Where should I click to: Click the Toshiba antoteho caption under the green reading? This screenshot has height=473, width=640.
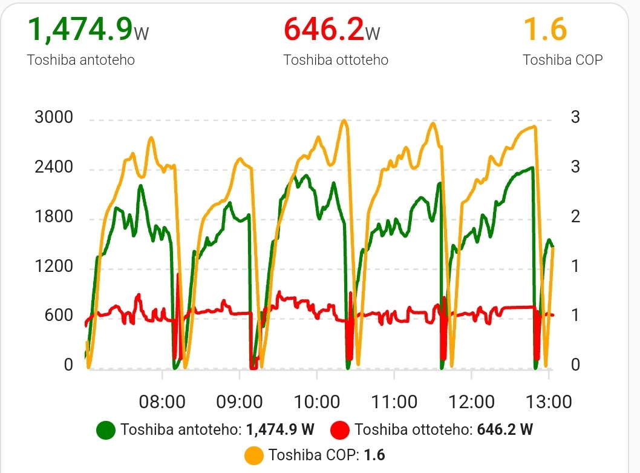point(81,60)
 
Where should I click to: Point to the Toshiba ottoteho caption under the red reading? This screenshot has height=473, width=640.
point(336,60)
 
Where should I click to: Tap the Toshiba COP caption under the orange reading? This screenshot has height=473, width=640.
point(563,60)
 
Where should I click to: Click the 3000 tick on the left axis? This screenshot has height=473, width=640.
point(54,117)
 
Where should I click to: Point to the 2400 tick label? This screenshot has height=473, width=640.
point(54,167)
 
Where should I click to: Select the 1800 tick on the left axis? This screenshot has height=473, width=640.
point(54,217)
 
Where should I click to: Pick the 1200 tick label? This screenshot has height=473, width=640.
point(54,266)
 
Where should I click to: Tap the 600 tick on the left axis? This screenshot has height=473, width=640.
point(60,316)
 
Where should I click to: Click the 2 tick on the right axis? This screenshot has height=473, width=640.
point(575,217)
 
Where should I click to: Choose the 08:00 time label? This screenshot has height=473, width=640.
point(162,402)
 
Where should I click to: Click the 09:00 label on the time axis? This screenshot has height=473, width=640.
point(240,402)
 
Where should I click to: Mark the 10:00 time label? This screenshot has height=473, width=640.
point(317,402)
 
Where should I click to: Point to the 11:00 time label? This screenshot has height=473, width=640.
point(394,402)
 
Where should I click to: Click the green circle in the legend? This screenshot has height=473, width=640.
point(106,430)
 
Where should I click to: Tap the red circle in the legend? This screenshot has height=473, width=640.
point(341,430)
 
